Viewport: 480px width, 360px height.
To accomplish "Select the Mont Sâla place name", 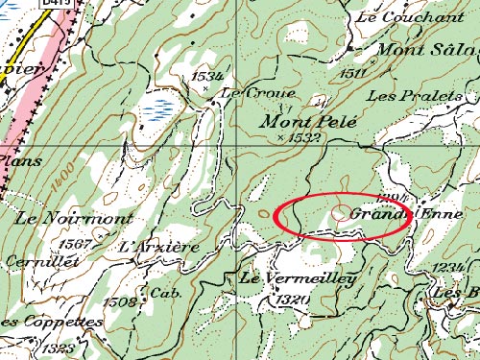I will (426, 49).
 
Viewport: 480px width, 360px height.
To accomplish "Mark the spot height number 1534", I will (206, 75).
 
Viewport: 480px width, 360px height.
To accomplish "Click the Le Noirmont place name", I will (60, 219).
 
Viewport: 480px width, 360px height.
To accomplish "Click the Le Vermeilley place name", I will (298, 279).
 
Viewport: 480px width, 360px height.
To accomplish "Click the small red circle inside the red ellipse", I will (341, 214).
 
